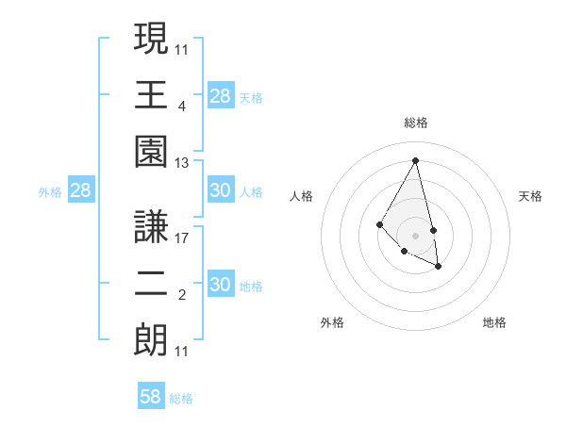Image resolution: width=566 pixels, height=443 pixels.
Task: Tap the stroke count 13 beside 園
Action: point(182,163)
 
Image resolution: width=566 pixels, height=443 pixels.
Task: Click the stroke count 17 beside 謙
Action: point(182,238)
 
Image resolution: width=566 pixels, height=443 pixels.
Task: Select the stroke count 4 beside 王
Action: point(182,107)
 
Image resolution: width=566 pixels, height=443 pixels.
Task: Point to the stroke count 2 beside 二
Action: point(182,295)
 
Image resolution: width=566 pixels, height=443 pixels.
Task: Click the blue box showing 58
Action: point(151,397)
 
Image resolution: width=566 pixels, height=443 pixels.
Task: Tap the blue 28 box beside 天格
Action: point(221,96)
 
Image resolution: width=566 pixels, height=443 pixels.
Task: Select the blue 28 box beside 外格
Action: point(81,191)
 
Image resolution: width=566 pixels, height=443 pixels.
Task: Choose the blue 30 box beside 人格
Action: point(221,190)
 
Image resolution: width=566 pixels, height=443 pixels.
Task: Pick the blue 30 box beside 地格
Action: point(221,285)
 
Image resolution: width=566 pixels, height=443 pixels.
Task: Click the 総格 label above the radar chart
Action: point(416,123)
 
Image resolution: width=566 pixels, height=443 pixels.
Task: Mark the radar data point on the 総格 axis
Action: point(416,159)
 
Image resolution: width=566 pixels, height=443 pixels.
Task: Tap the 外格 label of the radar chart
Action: point(332,322)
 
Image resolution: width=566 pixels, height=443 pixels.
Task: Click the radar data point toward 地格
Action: point(439,267)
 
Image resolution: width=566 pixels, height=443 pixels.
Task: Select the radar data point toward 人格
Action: point(379,224)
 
